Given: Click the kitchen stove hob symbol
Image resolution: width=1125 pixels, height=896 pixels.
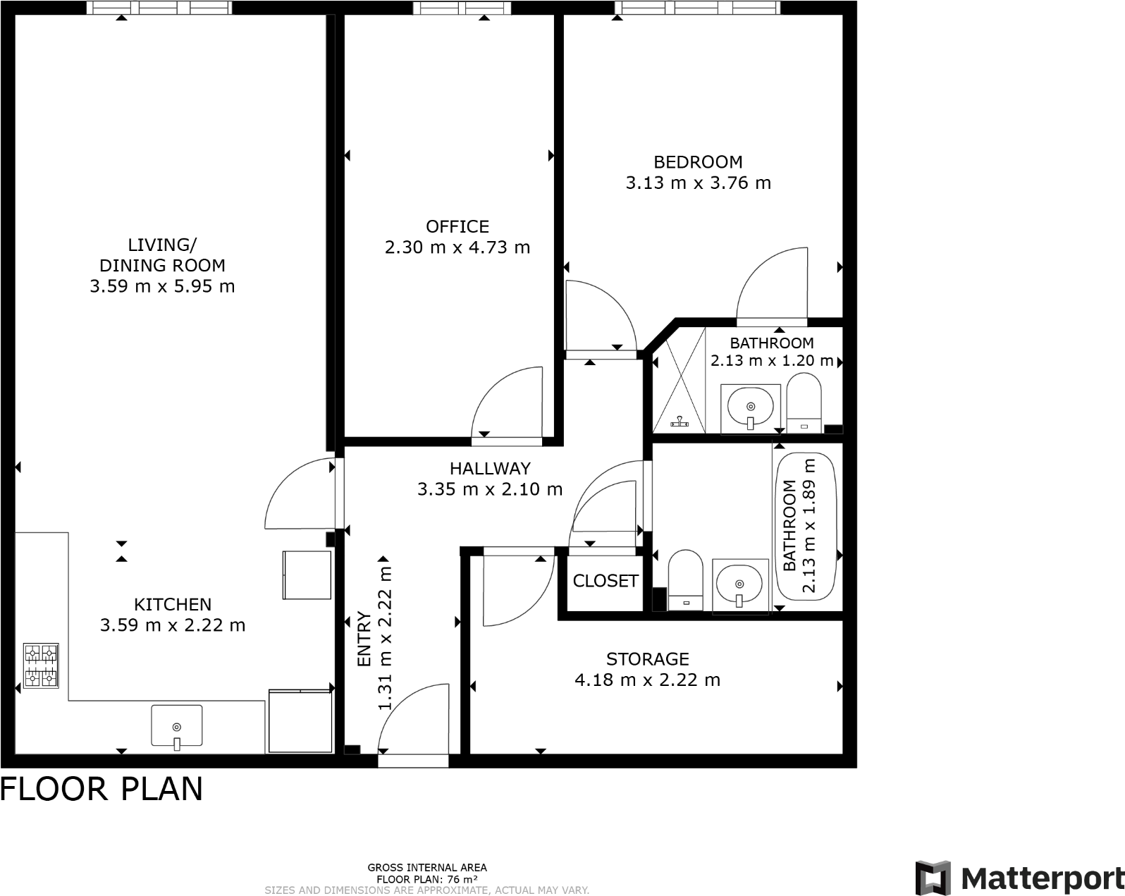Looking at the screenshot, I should (41, 665).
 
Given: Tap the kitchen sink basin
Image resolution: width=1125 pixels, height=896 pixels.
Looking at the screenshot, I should (176, 725).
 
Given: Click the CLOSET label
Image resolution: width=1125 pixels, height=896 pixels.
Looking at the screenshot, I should (605, 581).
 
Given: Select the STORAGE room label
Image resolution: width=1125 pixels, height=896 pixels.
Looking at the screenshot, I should (648, 659).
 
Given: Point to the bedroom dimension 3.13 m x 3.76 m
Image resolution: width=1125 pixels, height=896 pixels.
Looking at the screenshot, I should (698, 183).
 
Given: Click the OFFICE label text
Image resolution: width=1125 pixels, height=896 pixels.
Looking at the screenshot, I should (457, 226).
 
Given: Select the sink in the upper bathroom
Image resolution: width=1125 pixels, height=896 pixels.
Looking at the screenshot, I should (751, 407).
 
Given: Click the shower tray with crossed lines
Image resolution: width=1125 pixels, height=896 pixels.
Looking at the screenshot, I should (678, 381).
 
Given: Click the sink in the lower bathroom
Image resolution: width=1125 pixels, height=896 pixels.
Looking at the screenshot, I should (739, 584).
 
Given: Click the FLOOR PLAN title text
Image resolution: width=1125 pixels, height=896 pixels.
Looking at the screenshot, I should (102, 789).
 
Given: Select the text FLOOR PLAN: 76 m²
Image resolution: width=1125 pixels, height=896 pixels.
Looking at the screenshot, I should (426, 879).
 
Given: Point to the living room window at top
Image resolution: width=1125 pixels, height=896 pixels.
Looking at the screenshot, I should (160, 8).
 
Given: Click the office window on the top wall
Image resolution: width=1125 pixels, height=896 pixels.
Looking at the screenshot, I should (463, 8).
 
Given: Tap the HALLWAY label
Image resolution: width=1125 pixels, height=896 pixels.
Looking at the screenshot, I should (490, 468).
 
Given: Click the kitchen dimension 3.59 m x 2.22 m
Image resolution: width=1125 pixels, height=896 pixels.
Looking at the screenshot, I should (173, 625).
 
